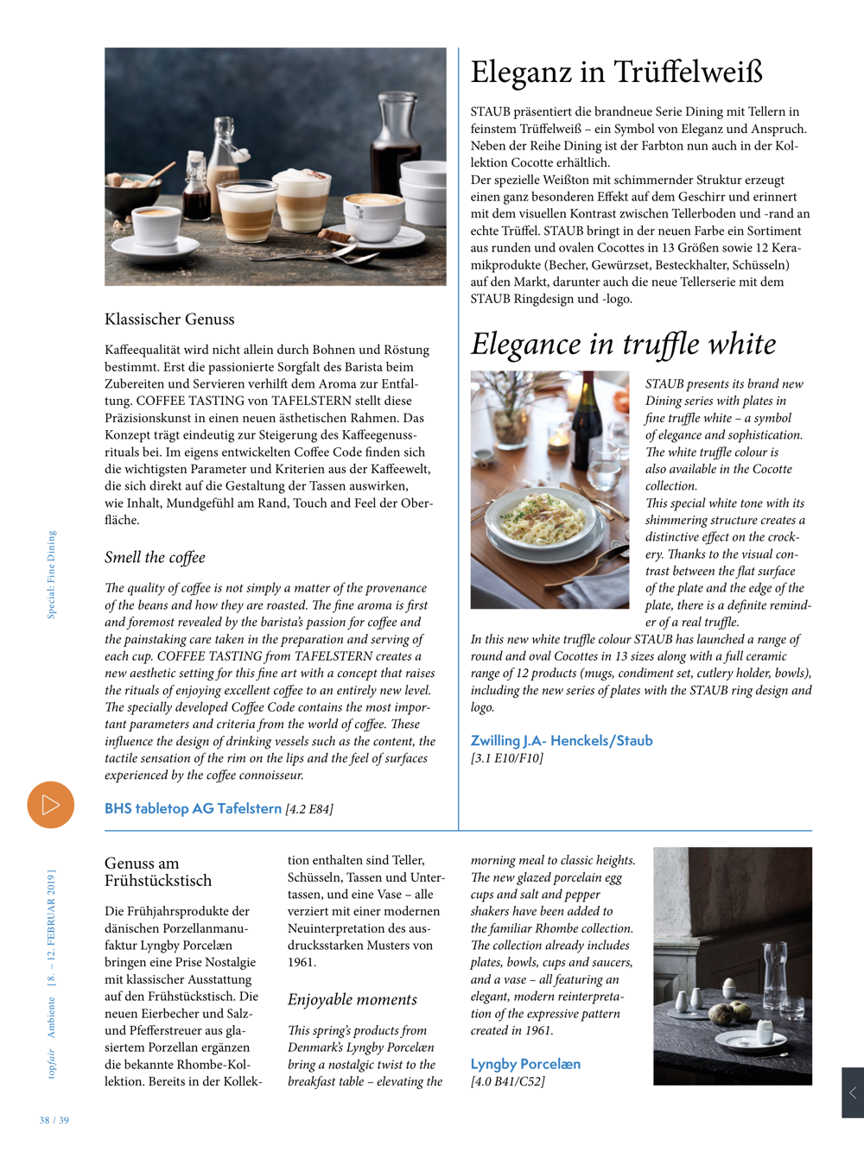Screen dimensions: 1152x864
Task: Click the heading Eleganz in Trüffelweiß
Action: (x=616, y=72)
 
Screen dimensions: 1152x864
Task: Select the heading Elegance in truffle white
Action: (x=623, y=344)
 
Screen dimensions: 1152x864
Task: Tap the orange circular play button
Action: (x=50, y=805)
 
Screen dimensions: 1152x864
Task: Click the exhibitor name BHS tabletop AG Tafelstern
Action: (x=193, y=808)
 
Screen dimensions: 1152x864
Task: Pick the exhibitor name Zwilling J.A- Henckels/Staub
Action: (x=561, y=741)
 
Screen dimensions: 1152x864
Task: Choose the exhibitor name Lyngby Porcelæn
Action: (x=525, y=1064)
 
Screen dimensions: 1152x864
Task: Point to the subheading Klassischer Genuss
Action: (x=169, y=320)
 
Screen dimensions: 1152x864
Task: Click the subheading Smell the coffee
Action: (x=155, y=558)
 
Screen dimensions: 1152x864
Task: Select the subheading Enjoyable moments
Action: (x=352, y=1000)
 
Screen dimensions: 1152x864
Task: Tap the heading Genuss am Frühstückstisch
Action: (x=158, y=872)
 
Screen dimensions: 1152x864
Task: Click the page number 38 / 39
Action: (x=54, y=1120)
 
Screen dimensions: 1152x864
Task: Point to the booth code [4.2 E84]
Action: (x=309, y=809)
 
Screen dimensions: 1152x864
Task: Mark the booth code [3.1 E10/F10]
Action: (x=506, y=758)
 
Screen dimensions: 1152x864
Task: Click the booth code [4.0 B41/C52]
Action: (x=507, y=1081)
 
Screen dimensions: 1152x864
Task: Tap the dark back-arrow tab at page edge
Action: (x=852, y=1092)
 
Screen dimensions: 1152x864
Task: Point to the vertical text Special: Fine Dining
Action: (x=51, y=574)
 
